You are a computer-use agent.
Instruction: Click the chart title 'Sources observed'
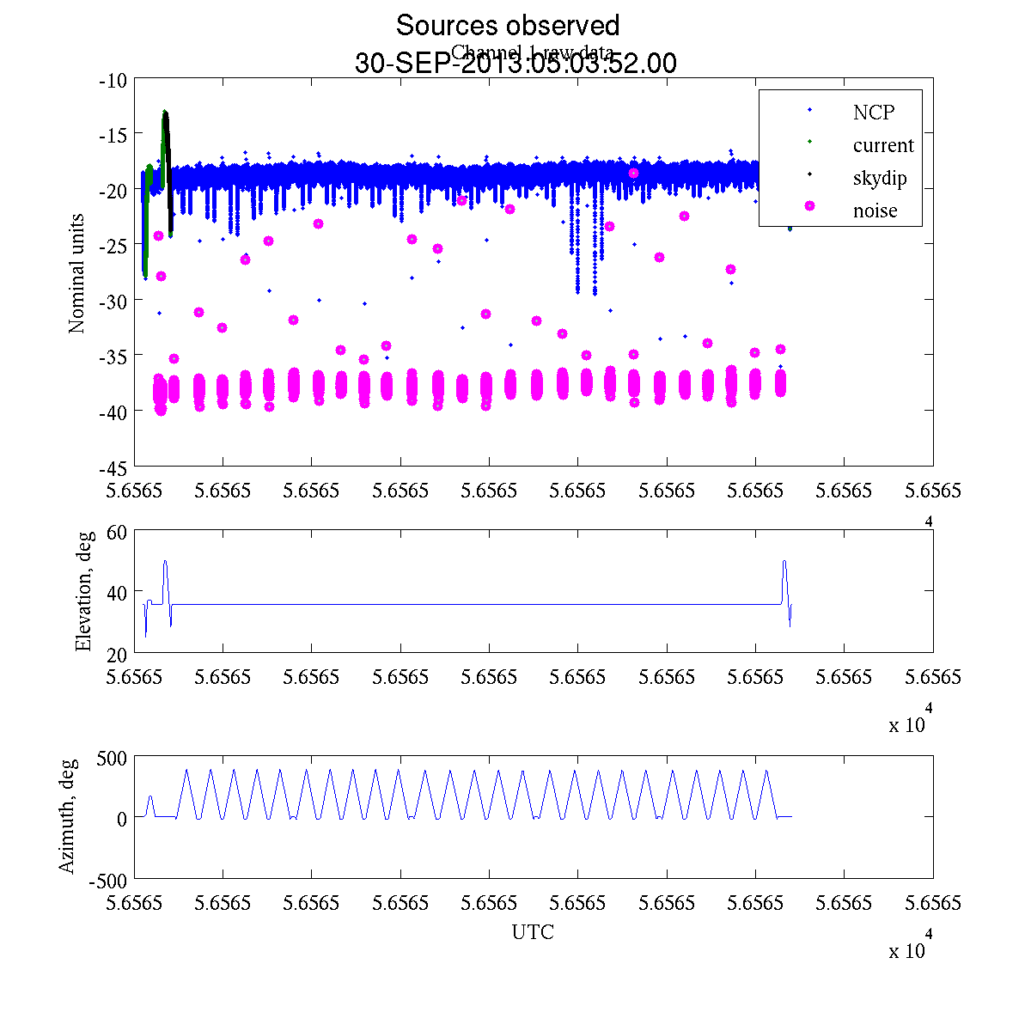tap(507, 25)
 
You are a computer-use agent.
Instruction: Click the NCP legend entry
tap(873, 112)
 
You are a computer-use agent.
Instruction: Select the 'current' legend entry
tap(882, 145)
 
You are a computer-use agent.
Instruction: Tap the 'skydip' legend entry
tap(879, 178)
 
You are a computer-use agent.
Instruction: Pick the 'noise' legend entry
tap(875, 210)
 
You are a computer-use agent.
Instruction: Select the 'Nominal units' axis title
tap(76, 273)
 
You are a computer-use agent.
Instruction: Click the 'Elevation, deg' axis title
tap(82, 591)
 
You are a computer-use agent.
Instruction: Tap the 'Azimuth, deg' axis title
tap(67, 816)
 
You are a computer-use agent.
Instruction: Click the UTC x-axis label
tap(533, 932)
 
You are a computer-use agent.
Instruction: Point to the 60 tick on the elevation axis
tap(117, 531)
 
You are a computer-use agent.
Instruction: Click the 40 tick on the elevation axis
tap(117, 592)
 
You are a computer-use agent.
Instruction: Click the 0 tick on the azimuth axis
tap(121, 819)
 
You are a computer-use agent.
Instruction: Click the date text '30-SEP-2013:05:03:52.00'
tap(515, 64)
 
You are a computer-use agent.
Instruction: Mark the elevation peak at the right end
tap(784, 562)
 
